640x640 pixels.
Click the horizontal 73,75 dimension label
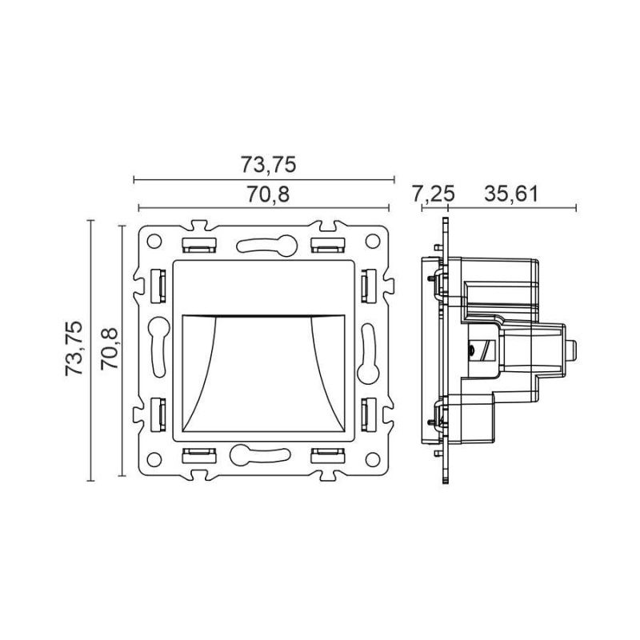point(267,165)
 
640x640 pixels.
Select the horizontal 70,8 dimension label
point(268,194)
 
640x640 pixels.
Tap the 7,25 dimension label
point(433,194)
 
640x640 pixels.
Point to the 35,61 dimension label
point(511,194)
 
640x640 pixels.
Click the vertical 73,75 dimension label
point(74,349)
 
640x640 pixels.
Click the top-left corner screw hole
point(154,242)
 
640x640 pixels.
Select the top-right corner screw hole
point(373,242)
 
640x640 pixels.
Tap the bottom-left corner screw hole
point(154,459)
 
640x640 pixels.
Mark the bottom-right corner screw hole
point(373,459)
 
